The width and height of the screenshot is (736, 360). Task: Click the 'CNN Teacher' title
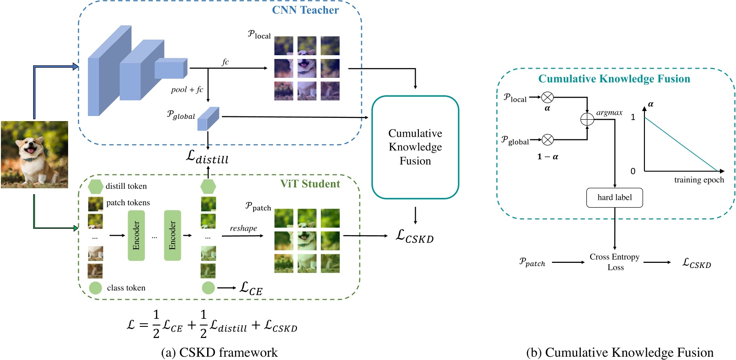[x=305, y=10]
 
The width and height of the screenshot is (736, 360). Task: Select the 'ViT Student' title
[x=310, y=184]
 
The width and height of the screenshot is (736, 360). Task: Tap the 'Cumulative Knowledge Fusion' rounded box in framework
[x=415, y=147]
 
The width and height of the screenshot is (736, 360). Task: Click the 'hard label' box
[x=614, y=197]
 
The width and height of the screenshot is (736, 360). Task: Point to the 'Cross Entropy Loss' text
[x=614, y=262]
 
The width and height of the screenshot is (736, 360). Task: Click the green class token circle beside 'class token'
[x=95, y=288]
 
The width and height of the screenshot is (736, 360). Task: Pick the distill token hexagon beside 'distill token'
[x=95, y=186]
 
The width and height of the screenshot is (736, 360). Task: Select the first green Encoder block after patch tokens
[x=136, y=235]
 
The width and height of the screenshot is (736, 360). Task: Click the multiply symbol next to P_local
[x=547, y=97]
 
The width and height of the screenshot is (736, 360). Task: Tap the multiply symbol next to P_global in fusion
[x=547, y=139]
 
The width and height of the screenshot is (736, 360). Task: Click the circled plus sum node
[x=587, y=119]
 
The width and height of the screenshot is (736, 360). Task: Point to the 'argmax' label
[x=609, y=112]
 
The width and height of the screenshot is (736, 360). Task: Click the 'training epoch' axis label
[x=699, y=180]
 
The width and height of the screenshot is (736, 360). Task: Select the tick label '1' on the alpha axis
[x=633, y=117]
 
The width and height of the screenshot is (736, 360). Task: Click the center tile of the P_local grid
[x=307, y=68]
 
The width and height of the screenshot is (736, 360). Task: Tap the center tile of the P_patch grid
[x=307, y=240]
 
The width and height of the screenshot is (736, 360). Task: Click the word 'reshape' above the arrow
[x=243, y=228]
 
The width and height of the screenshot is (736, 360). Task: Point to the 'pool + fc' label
[x=187, y=89]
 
